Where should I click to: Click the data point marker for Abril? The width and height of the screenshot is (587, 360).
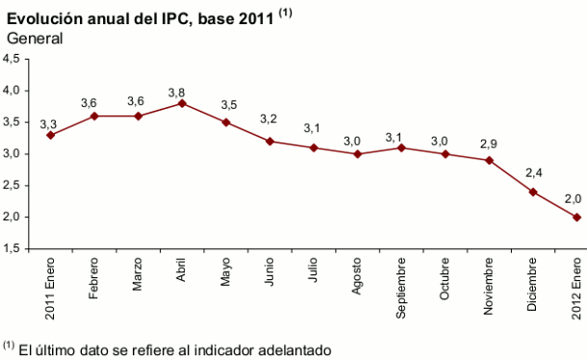click(182, 103)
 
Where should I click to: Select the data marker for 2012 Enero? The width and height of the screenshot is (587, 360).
click(576, 217)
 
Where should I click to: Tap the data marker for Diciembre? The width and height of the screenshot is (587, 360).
click(533, 192)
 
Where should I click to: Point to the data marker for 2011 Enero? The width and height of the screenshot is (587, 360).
click(50, 135)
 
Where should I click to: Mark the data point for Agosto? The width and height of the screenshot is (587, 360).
click(357, 154)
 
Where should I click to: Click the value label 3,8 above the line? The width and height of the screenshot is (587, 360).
click(179, 92)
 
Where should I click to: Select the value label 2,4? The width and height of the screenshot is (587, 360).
click(532, 173)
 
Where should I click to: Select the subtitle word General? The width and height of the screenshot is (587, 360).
click(34, 38)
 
